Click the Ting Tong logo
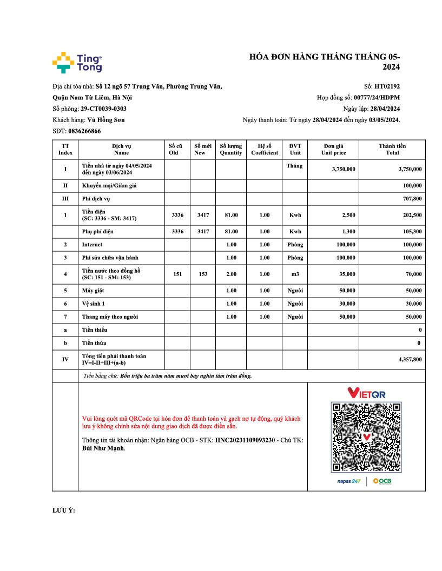click(77, 63)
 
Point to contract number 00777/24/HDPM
click(377, 97)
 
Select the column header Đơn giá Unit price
click(333, 149)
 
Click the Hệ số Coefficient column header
click(264, 149)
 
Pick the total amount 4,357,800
click(410, 359)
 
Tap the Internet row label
click(92, 245)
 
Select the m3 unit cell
click(295, 274)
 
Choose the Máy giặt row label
click(93, 291)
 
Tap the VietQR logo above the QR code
click(366, 393)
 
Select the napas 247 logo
click(348, 481)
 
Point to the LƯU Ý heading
click(63, 510)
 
